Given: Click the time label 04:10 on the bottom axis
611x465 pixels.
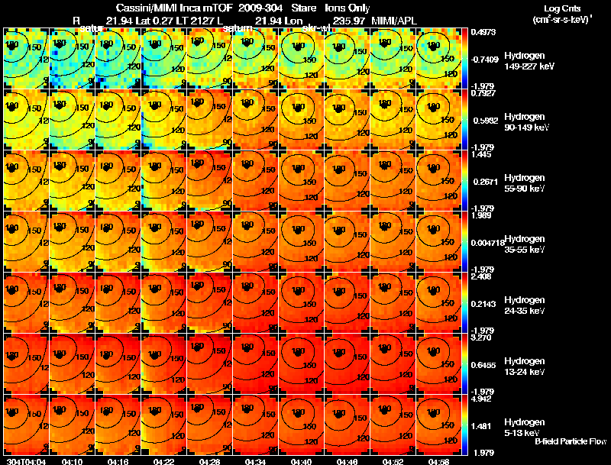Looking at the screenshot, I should click(72, 461).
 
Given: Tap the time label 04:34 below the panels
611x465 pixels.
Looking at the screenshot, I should click(255, 461).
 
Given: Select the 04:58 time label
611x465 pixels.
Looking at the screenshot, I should click(438, 461).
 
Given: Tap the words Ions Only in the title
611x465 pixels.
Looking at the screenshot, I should click(348, 7).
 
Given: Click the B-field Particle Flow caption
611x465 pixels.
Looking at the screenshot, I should click(570, 441).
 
